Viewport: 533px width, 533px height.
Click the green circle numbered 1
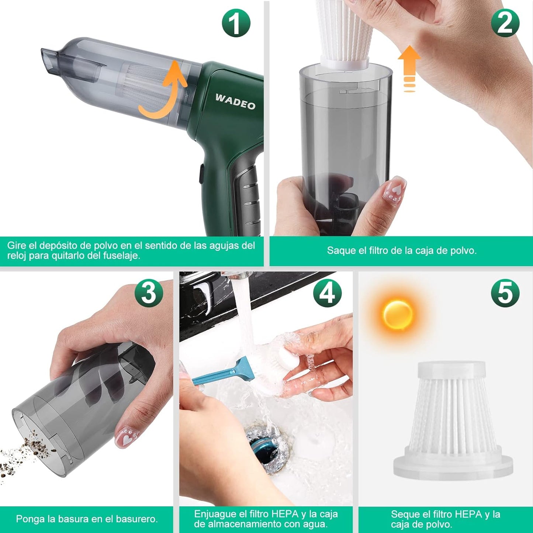click(236, 23)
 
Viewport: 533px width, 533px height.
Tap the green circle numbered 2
click(505, 23)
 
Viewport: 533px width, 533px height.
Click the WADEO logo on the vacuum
click(235, 102)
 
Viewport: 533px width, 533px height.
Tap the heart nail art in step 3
click(127, 439)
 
